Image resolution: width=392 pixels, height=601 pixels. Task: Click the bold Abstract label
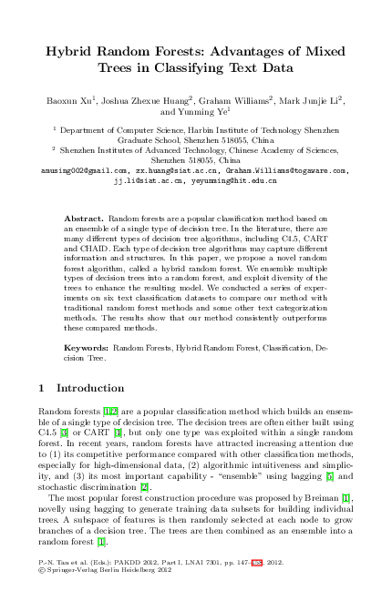[85, 220]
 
